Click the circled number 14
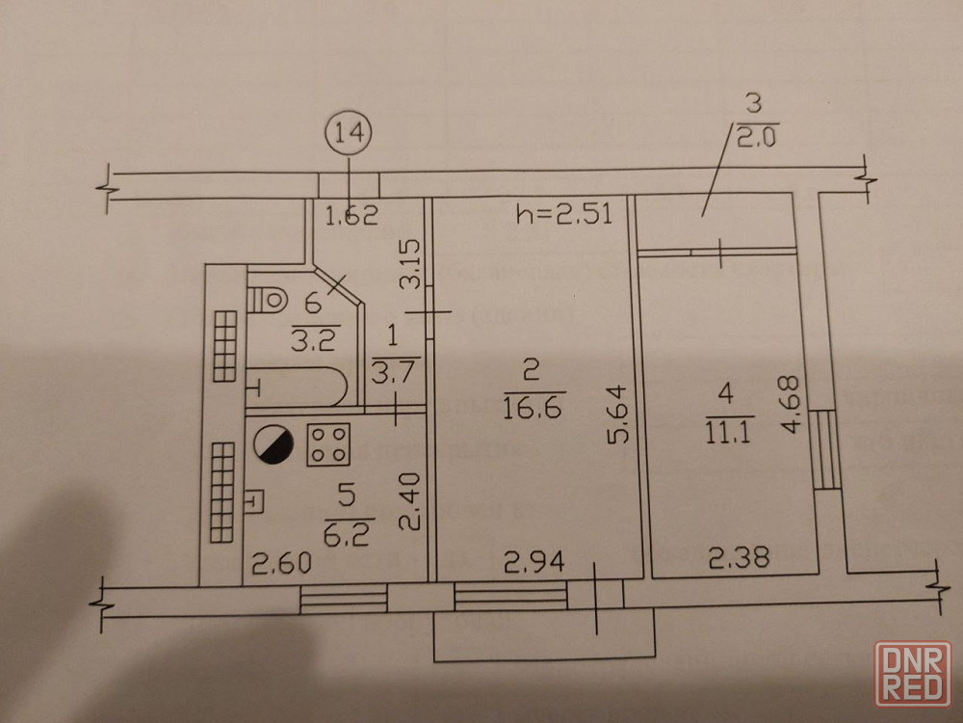(x=349, y=135)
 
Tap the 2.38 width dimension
(x=738, y=557)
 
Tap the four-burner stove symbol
(x=327, y=445)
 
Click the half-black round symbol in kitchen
(x=273, y=446)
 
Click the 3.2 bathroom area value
(x=309, y=338)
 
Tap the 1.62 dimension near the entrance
(x=351, y=215)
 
